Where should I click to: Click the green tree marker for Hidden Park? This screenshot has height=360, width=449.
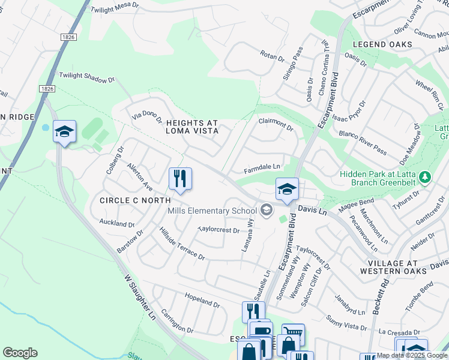pos(425,177)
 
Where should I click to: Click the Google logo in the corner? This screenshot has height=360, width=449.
pos(20,353)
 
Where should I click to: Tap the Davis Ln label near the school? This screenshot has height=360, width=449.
pos(312,212)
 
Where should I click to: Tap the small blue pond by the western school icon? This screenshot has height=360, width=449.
pos(45,128)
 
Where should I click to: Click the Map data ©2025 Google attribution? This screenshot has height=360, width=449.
pos(412,355)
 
